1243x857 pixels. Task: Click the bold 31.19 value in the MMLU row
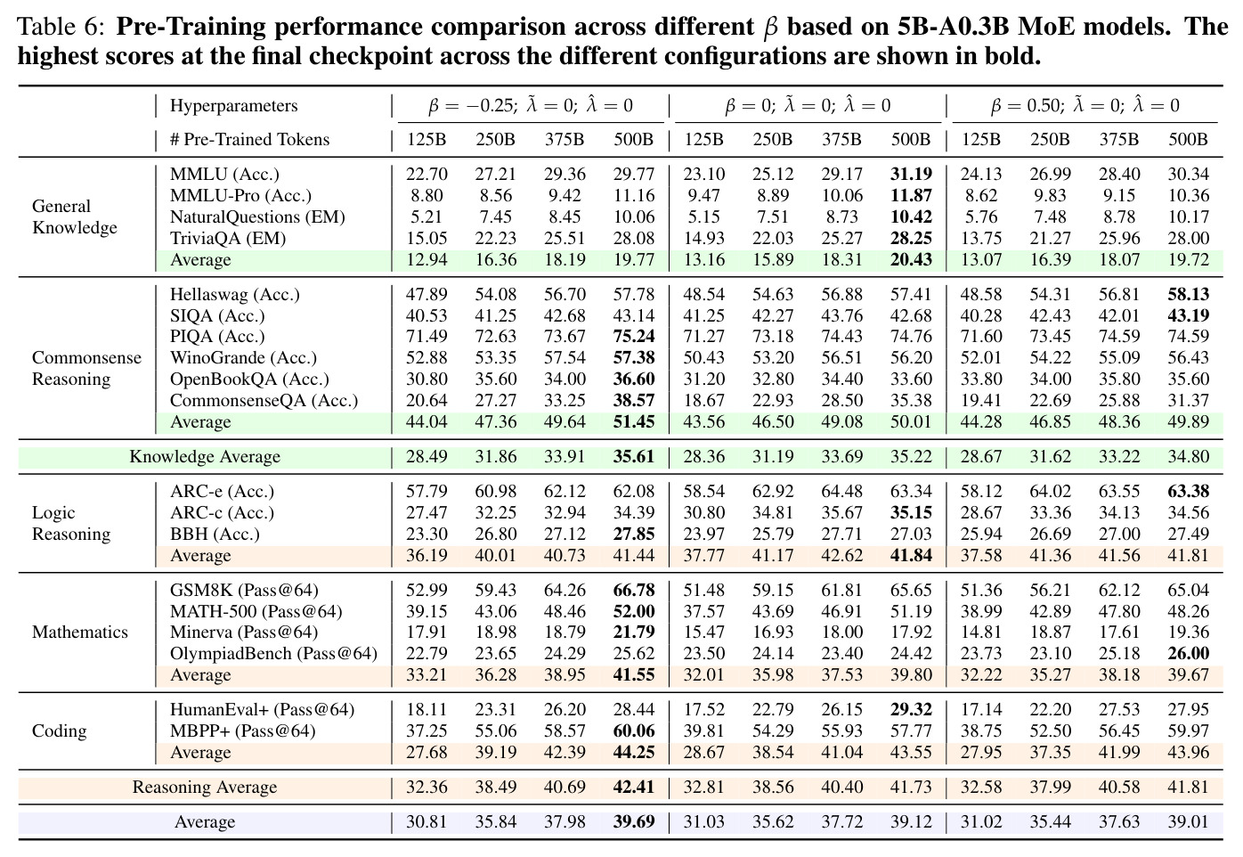(x=911, y=175)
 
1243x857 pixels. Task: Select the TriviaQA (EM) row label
(x=228, y=238)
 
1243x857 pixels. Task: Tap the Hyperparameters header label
(x=233, y=105)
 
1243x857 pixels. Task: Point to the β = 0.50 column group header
(x=1085, y=105)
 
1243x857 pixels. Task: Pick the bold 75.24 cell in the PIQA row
(x=634, y=337)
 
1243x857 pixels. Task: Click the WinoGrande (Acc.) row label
(x=243, y=357)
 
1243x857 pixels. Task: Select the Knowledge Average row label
(x=205, y=456)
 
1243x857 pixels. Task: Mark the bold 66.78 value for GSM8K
(x=634, y=590)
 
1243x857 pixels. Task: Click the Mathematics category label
(x=80, y=632)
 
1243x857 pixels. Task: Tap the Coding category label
(x=60, y=730)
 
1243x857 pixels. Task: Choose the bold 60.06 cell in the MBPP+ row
(x=634, y=730)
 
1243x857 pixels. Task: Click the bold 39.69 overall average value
(x=634, y=821)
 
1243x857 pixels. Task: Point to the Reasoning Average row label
(x=204, y=787)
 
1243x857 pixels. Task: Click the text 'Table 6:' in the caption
(x=61, y=27)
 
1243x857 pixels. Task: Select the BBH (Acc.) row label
(x=215, y=534)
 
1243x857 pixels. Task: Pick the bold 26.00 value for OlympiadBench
(x=1188, y=653)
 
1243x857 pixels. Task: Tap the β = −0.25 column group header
(x=531, y=105)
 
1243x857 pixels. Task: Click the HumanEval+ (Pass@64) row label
(x=262, y=709)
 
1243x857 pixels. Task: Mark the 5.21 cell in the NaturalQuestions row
(x=427, y=217)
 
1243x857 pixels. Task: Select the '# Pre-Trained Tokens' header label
(x=249, y=139)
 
